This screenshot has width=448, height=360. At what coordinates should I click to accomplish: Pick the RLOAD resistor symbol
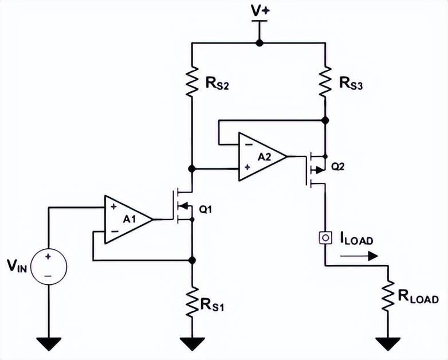point(388,296)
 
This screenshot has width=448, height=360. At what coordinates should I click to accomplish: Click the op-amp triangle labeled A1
point(127,218)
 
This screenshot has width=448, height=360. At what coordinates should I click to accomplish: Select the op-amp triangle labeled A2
point(261,156)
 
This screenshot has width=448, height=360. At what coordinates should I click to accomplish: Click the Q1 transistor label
point(206,209)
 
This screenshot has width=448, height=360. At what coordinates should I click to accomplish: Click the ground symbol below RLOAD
point(388,343)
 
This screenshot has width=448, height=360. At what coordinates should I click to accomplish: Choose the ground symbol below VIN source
point(48,343)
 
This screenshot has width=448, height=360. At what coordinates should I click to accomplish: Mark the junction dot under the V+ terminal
point(259,42)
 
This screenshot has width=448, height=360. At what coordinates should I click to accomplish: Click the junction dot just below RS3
point(325,120)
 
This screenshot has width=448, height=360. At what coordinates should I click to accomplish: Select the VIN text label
point(15,265)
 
